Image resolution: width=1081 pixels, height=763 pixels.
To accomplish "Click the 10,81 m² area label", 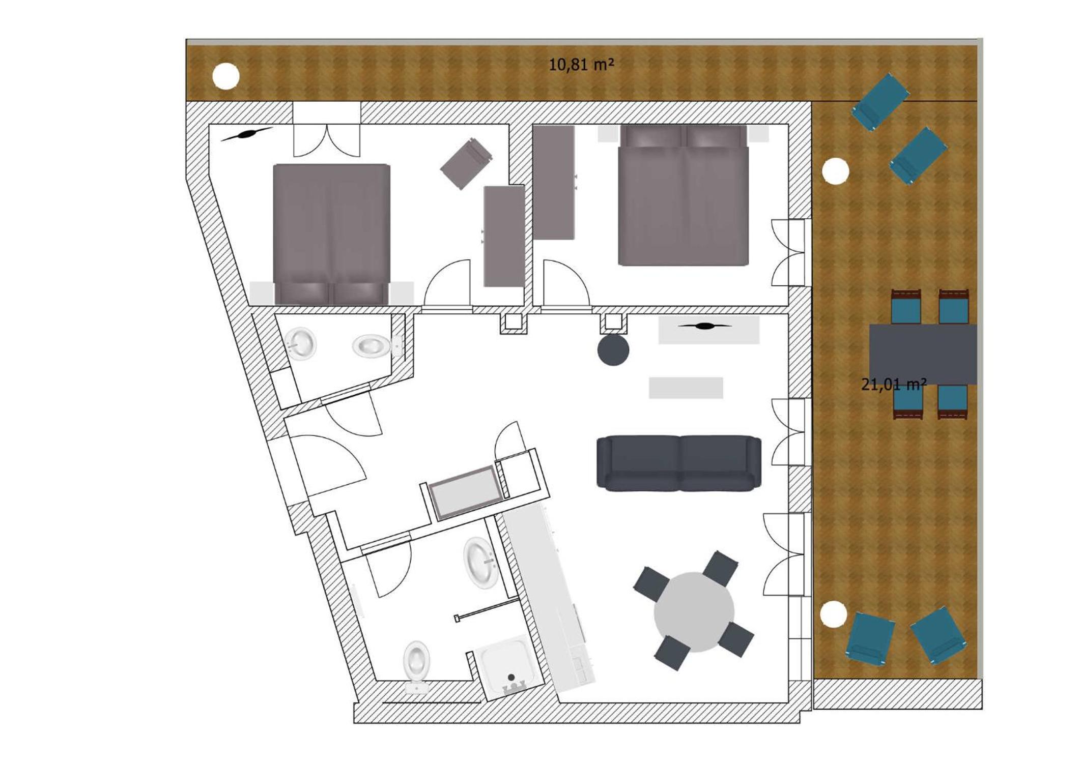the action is click(x=581, y=65).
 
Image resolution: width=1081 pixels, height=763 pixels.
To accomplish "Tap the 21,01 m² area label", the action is click(x=894, y=385).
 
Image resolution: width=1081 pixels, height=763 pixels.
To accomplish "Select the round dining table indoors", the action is click(x=694, y=612).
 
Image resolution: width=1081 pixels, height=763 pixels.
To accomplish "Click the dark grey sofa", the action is click(x=679, y=463).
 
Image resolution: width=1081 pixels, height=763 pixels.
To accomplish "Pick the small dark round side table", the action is click(x=613, y=349).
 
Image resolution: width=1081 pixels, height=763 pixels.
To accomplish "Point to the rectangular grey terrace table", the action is click(x=923, y=355).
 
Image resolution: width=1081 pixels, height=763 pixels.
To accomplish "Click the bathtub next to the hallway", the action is click(x=466, y=492).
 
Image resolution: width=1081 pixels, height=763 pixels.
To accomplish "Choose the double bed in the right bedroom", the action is click(x=683, y=195).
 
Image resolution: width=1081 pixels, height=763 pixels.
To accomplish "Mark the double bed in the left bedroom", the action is click(x=332, y=234).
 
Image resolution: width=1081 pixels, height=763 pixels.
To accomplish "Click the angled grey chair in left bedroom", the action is click(x=466, y=163).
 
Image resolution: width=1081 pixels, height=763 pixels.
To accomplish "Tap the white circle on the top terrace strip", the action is click(x=225, y=76).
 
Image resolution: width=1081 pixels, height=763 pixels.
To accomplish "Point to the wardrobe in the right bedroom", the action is click(x=554, y=182).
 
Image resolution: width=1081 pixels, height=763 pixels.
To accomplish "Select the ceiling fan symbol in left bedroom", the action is click(x=246, y=134).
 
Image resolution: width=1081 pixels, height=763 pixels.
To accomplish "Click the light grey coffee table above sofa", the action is click(x=686, y=388).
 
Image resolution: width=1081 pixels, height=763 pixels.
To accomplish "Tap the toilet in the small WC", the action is click(x=373, y=346).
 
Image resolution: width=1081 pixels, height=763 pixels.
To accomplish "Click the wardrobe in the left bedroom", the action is click(x=504, y=236).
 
